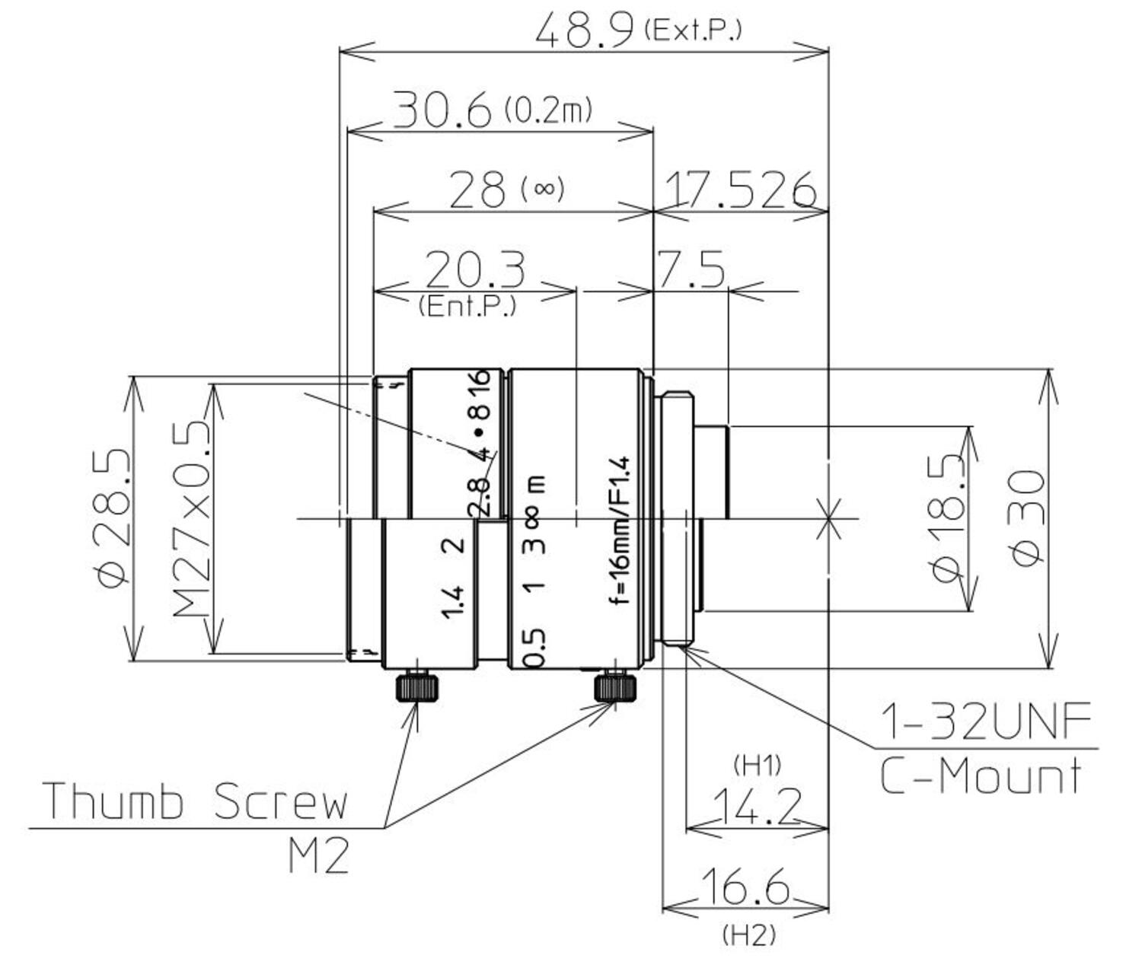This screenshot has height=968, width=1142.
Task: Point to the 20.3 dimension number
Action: coord(474,269)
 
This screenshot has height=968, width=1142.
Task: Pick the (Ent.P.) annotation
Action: coord(467,307)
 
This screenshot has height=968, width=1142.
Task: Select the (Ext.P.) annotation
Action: coord(692,30)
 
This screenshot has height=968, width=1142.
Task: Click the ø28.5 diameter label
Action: coord(113,517)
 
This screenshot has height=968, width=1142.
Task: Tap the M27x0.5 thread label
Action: coord(190,517)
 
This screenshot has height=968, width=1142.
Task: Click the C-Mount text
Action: coord(981,776)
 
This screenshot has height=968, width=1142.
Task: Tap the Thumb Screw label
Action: coord(195,801)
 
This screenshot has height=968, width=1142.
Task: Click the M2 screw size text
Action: coord(319,856)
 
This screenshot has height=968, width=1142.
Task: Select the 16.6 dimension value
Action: coord(744,887)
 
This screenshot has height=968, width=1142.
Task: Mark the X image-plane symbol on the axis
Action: coord(828,519)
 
